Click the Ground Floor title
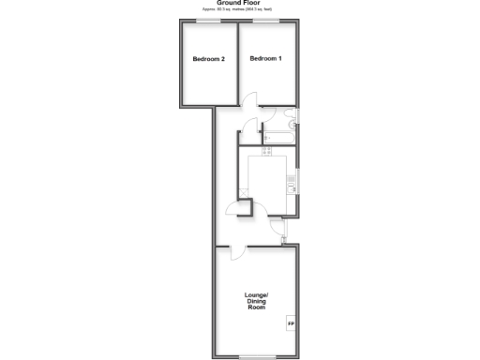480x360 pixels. tap(239, 3)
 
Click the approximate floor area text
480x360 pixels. tap(239, 9)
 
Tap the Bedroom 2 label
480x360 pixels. tap(208, 59)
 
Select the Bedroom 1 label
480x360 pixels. tap(265, 59)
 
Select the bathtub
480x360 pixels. tap(278, 138)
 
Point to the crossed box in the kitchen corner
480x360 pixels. tap(244, 192)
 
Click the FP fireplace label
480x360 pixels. tap(290, 324)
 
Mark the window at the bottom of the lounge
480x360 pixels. tap(255, 356)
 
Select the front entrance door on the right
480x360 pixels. tap(278, 228)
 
